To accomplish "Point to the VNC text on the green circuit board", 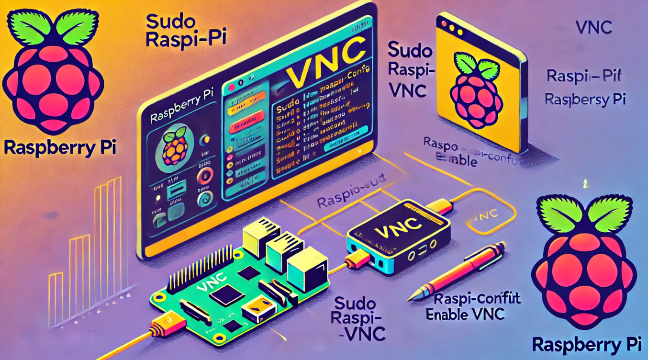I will pos(209,286).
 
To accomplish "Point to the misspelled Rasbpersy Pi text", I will pos(586,100).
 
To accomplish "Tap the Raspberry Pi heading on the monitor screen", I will pos(180,114).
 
